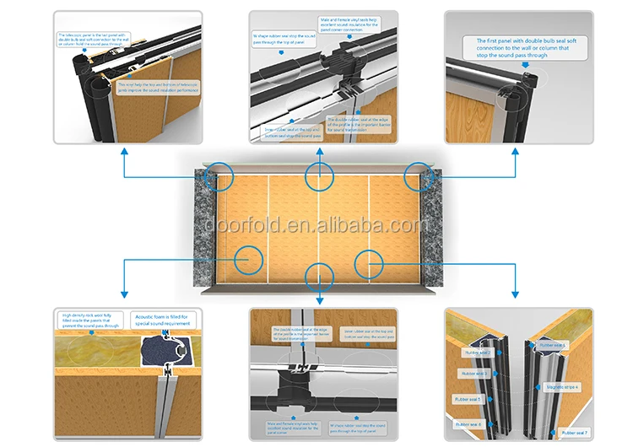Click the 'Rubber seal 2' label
tap(475, 354)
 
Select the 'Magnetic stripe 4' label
tap(563, 387)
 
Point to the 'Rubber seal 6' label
tap(469, 424)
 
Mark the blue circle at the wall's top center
tap(318, 176)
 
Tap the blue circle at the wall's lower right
tap(369, 263)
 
